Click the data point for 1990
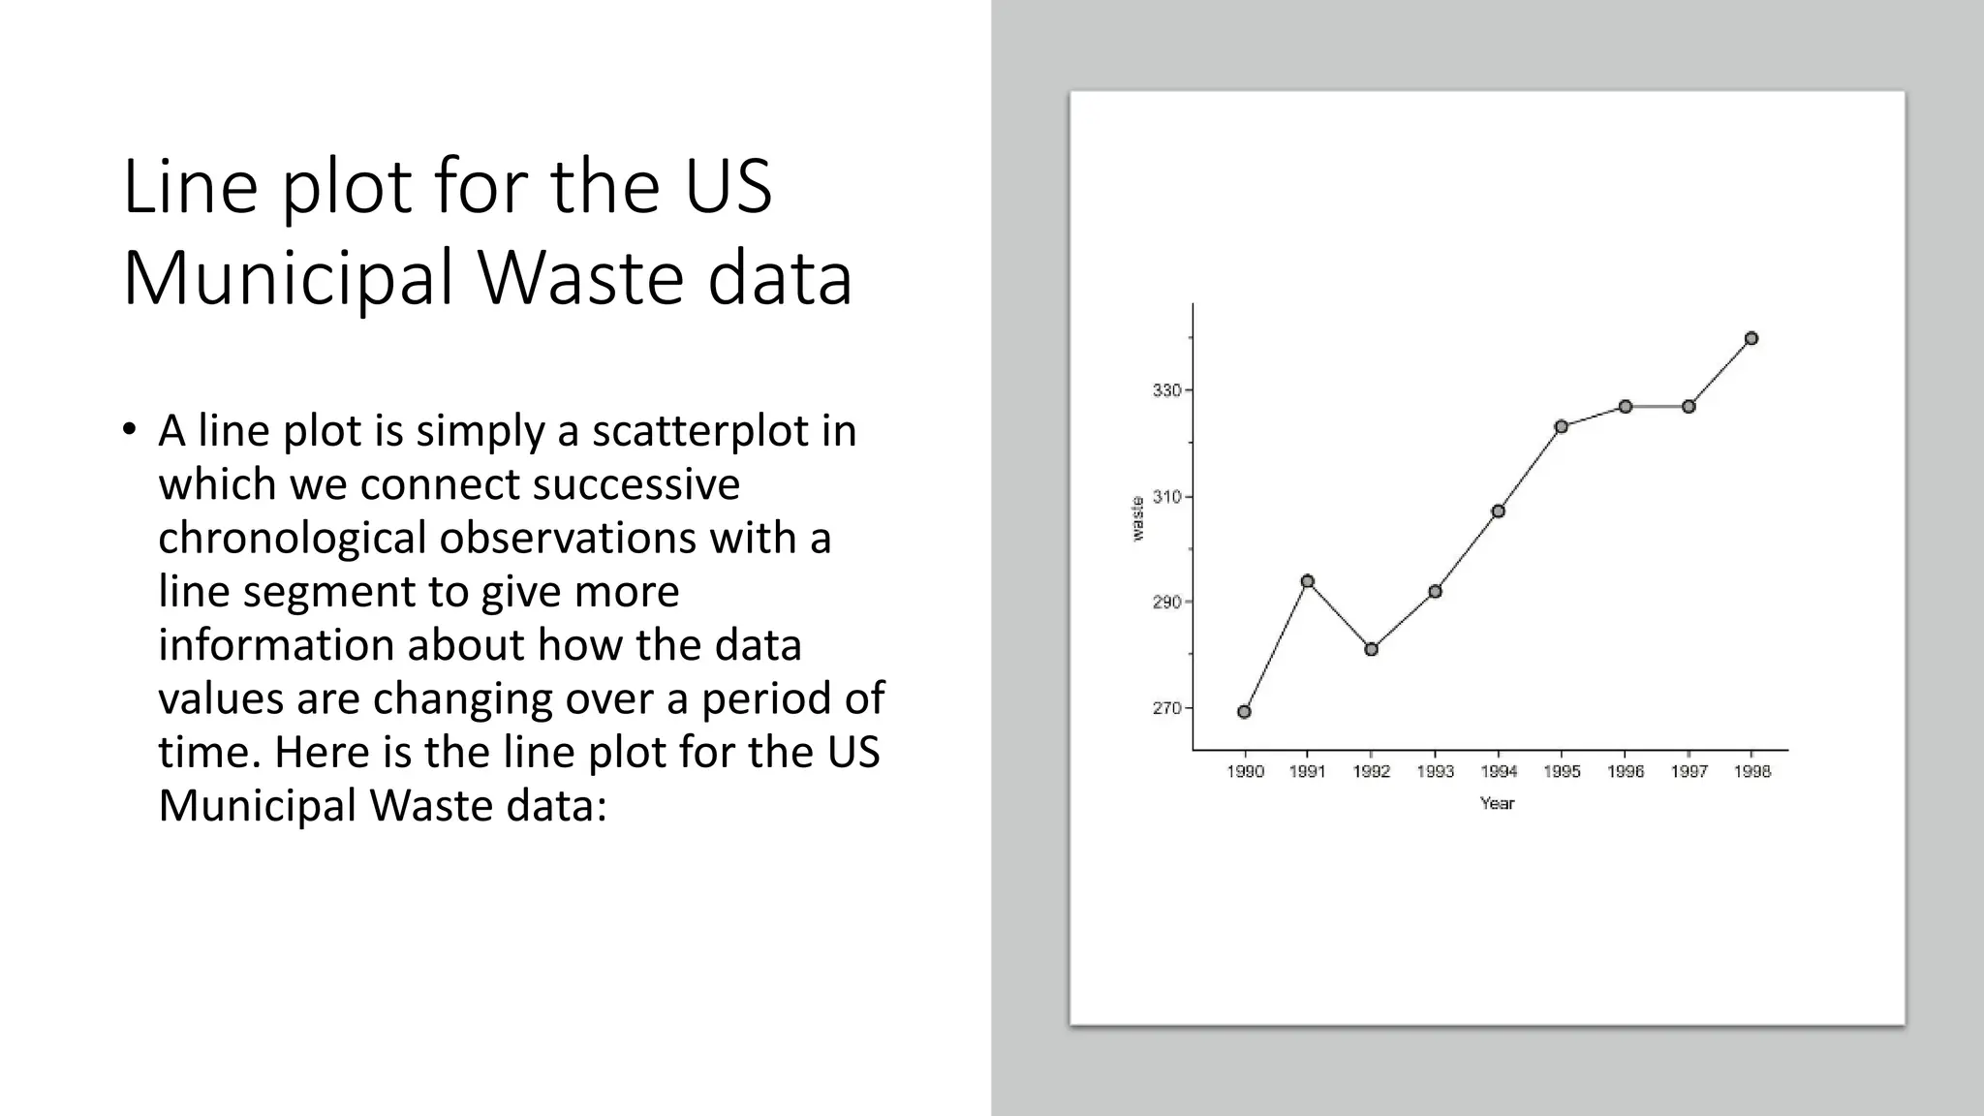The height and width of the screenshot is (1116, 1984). click(x=1245, y=712)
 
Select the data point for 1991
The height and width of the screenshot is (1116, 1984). click(x=1308, y=581)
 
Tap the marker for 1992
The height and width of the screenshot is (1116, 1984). click(x=1372, y=649)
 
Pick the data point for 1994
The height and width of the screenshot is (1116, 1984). click(x=1499, y=511)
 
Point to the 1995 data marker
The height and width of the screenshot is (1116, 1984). click(x=1562, y=426)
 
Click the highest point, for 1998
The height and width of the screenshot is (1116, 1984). click(x=1751, y=338)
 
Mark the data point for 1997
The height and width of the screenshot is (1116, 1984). click(x=1689, y=407)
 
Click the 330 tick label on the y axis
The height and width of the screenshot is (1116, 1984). click(x=1166, y=390)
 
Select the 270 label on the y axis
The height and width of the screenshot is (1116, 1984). click(x=1166, y=708)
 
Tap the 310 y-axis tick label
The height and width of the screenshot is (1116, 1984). click(x=1166, y=497)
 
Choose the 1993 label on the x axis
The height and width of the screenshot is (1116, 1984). click(x=1435, y=771)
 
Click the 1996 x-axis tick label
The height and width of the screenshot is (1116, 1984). click(x=1626, y=771)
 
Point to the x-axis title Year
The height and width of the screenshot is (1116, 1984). click(x=1497, y=803)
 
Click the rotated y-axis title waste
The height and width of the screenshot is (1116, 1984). click(x=1137, y=518)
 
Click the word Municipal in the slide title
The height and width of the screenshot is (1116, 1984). click(x=290, y=278)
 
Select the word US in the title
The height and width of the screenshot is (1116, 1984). click(x=728, y=186)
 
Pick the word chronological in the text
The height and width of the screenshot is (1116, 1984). click(x=292, y=538)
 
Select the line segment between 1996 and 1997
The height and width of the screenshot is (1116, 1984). click(x=1657, y=407)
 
